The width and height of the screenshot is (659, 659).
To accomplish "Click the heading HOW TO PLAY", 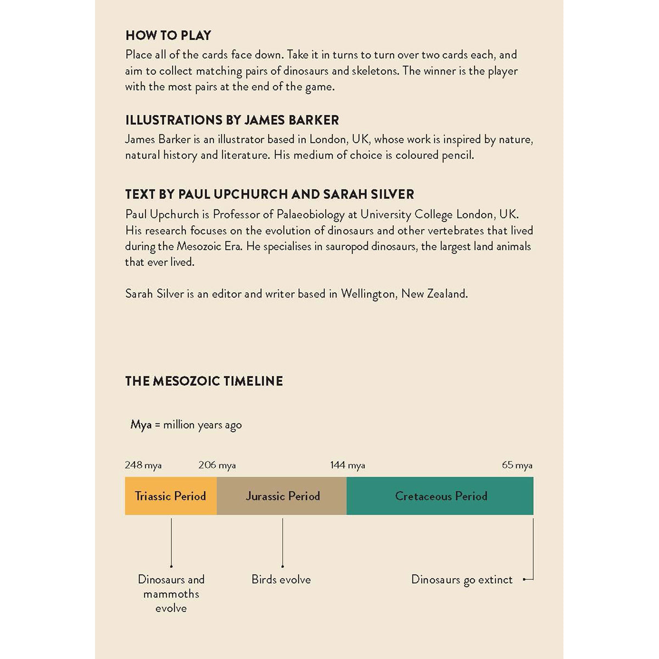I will [x=168, y=36].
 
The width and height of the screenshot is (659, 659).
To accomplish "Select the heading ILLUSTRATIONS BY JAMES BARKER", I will [x=232, y=120].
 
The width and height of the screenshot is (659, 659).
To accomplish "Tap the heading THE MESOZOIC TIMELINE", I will [x=204, y=381].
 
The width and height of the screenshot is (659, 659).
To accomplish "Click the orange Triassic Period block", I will [x=170, y=496].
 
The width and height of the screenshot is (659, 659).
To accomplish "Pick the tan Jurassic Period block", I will [x=282, y=496].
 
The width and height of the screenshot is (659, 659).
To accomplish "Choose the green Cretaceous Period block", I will [x=440, y=496].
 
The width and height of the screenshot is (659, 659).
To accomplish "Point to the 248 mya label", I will [x=143, y=465].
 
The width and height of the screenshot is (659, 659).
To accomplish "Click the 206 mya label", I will [x=217, y=465].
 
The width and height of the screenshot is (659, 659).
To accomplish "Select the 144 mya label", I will [x=347, y=465].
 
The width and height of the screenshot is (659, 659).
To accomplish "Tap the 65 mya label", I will [x=517, y=465].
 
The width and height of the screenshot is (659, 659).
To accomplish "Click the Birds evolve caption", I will [x=281, y=579].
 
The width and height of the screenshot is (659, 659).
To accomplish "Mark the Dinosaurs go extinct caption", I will [x=461, y=580].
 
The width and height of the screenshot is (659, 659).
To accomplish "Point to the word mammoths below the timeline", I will [x=171, y=594].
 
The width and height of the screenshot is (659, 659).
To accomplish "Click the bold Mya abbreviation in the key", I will [x=141, y=425].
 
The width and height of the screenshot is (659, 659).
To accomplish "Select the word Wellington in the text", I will [x=367, y=294].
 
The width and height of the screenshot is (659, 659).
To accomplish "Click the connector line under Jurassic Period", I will [x=282, y=541].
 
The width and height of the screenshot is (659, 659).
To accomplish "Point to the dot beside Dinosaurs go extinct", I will [x=524, y=579].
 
